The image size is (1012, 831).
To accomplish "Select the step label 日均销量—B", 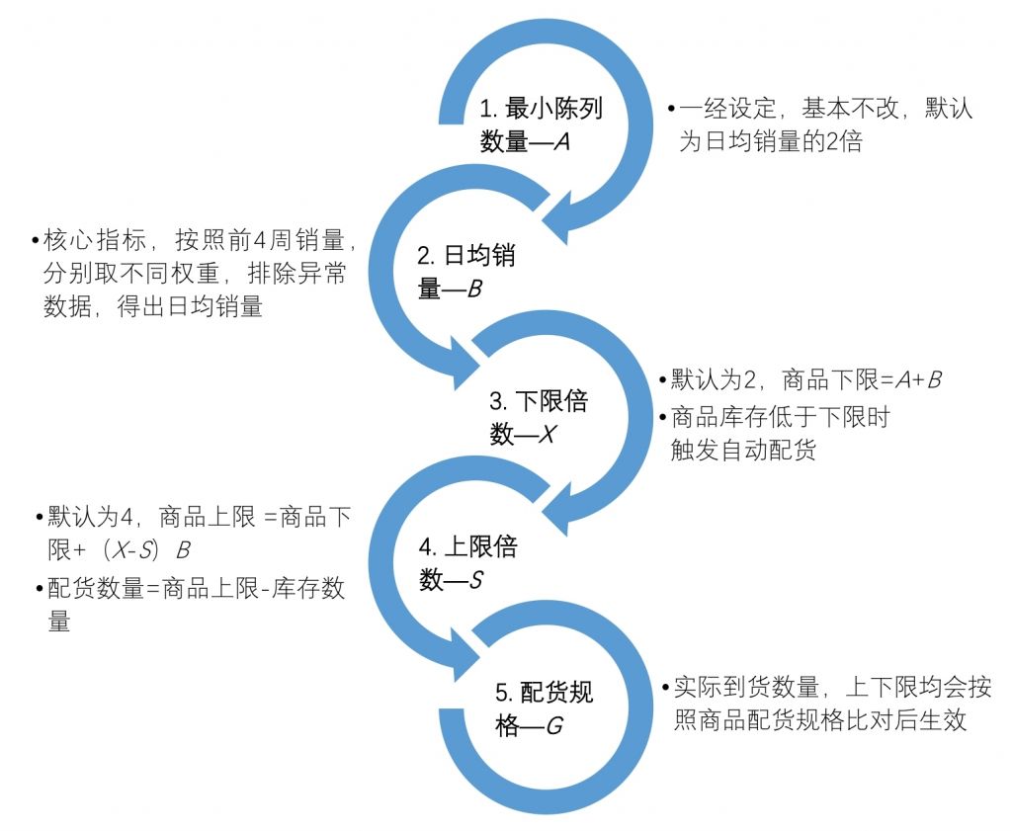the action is pyautogui.click(x=464, y=273).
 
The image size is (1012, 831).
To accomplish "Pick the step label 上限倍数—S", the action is pyautogui.click(x=465, y=563).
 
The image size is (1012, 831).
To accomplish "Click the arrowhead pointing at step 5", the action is pyautogui.click(x=465, y=653).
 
